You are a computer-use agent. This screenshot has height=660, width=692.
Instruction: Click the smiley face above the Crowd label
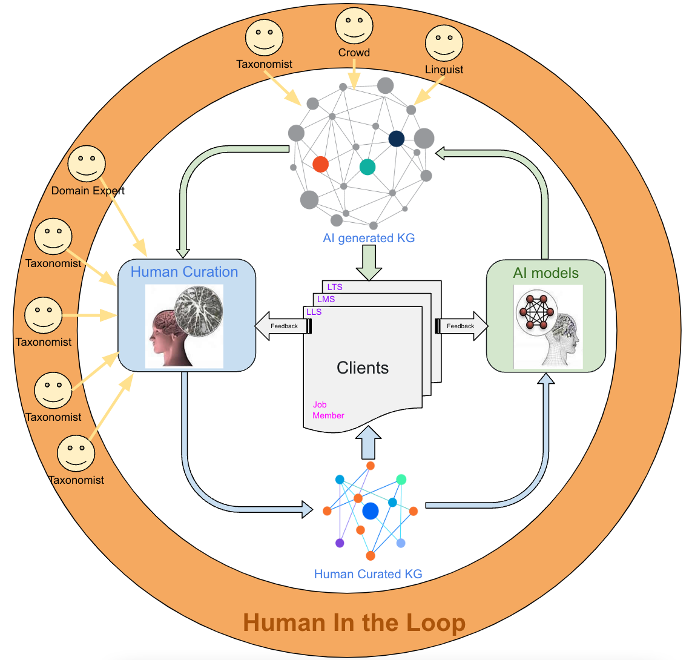pyautogui.click(x=354, y=26)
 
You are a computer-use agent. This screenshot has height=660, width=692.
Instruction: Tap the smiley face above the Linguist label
pyautogui.click(x=444, y=43)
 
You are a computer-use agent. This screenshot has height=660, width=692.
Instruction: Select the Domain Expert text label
pyautogui.click(x=88, y=190)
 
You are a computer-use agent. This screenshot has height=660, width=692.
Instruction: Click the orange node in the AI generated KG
pyautogui.click(x=320, y=164)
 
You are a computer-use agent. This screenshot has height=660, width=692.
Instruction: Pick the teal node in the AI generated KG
pyautogui.click(x=367, y=167)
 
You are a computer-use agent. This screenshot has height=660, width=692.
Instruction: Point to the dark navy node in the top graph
pyautogui.click(x=396, y=139)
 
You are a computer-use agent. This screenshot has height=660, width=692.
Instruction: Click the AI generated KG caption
pyautogui.click(x=369, y=238)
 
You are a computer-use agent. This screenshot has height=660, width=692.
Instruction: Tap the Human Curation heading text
pyautogui.click(x=184, y=272)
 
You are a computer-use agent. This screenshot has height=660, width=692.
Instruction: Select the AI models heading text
pyautogui.click(x=545, y=273)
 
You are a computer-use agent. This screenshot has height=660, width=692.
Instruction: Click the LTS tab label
pyautogui.click(x=335, y=287)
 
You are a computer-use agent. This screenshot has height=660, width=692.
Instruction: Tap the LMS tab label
pyautogui.click(x=326, y=299)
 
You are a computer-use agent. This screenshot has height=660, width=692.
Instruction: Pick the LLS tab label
pyautogui.click(x=314, y=312)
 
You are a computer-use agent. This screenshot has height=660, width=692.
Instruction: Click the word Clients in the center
pyautogui.click(x=363, y=368)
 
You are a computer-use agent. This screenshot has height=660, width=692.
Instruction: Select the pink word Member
pyautogui.click(x=328, y=415)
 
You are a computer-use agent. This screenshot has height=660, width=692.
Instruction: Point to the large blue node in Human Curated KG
pyautogui.click(x=370, y=511)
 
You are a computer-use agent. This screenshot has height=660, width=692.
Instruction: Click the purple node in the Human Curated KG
pyautogui.click(x=340, y=543)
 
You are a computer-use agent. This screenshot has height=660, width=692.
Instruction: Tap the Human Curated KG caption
pyautogui.click(x=367, y=574)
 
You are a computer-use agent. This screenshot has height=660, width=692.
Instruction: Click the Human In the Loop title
pyautogui.click(x=354, y=622)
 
